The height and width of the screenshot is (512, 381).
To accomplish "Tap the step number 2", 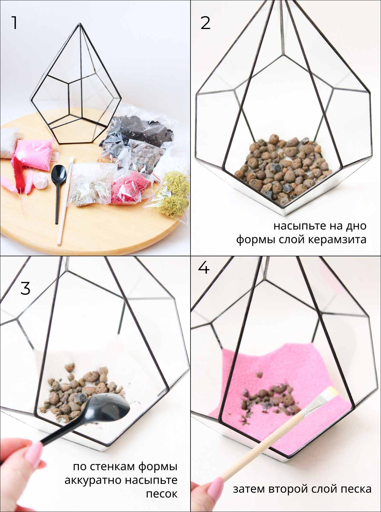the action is pyautogui.click(x=205, y=23).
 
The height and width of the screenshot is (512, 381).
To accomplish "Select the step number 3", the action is pyautogui.click(x=25, y=288).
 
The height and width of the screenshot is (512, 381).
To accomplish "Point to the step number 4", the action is pyautogui.click(x=204, y=268).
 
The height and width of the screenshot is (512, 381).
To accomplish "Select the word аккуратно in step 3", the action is pyautogui.click(x=93, y=480).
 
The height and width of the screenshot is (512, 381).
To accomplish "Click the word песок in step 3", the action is pyautogui.click(x=162, y=494).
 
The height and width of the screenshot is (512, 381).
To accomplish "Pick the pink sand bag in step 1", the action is pyautogui.click(x=34, y=155).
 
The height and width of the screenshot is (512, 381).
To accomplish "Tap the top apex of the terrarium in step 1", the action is pyautogui.click(x=80, y=23).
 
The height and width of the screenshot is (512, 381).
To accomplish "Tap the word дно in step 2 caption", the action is pyautogui.click(x=356, y=226).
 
